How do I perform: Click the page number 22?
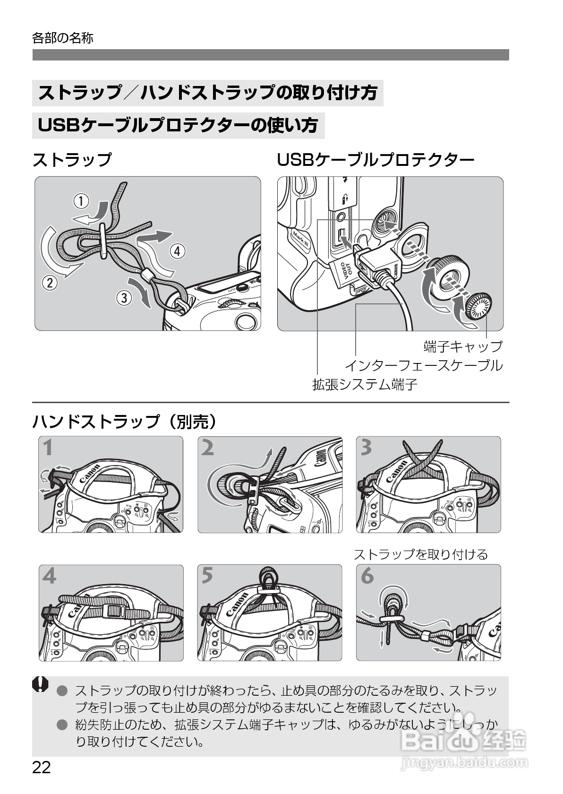tap(42, 768)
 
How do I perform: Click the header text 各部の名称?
tap(63, 38)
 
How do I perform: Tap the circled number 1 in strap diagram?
tap(81, 202)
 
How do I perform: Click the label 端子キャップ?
tap(463, 346)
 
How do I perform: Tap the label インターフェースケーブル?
tap(423, 365)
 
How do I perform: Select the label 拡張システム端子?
tap(365, 384)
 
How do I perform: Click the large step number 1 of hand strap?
tap(48, 448)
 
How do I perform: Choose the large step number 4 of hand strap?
tap(49, 576)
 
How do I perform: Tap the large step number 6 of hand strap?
tap(367, 576)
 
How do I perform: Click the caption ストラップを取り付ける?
tap(420, 554)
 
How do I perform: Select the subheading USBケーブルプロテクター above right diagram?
tap(375, 160)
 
